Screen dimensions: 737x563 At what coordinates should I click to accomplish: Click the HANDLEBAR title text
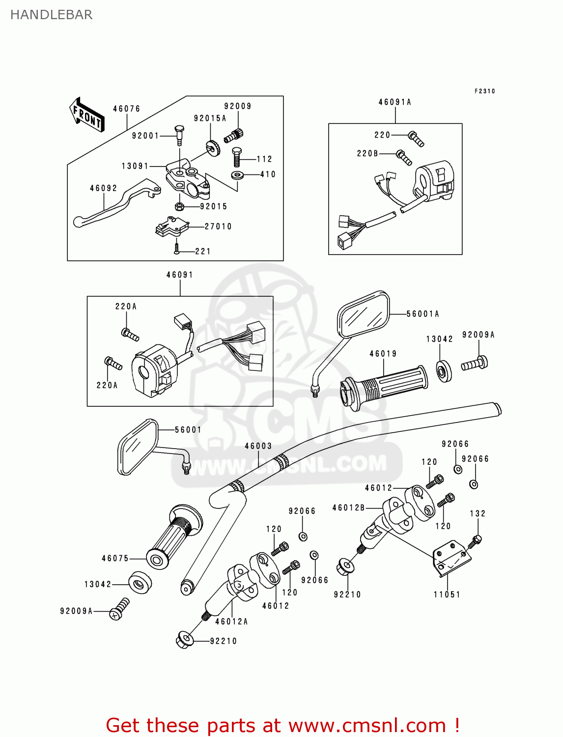(51, 15)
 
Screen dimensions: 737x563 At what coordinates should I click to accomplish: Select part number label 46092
(103, 188)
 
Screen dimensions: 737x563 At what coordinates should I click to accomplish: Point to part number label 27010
(218, 227)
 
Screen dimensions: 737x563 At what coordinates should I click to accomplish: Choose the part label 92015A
(210, 118)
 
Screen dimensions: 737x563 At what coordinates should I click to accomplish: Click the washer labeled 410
(238, 175)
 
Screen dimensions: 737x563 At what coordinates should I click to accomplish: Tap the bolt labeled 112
(236, 157)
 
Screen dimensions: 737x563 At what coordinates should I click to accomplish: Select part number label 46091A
(394, 102)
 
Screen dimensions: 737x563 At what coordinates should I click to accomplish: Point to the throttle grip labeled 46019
(383, 386)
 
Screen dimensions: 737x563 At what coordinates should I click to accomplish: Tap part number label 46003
(258, 446)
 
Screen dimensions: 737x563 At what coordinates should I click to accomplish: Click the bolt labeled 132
(476, 541)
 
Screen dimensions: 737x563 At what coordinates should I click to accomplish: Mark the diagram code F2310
(484, 91)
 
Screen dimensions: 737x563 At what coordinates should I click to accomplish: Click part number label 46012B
(348, 508)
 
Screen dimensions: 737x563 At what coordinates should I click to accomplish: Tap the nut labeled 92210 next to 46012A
(183, 640)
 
